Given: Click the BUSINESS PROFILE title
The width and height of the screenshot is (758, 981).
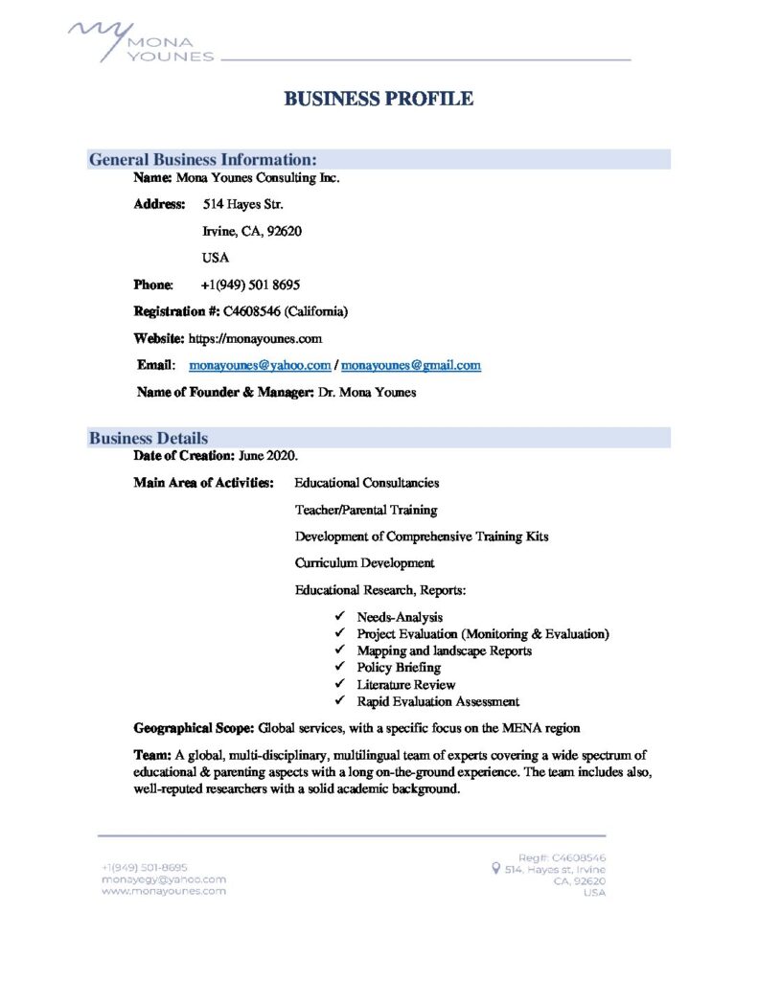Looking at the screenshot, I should click(x=379, y=99).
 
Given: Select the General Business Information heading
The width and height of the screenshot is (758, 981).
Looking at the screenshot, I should click(x=203, y=159).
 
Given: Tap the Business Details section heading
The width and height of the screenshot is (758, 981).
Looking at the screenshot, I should click(x=149, y=438).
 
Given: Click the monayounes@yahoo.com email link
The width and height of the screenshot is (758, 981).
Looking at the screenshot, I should click(x=261, y=365).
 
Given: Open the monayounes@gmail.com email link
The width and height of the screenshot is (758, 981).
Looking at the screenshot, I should click(x=411, y=365).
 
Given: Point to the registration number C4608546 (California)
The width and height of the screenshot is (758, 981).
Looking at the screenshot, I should click(x=286, y=311).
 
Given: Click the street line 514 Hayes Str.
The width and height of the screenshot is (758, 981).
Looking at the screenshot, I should click(x=242, y=204).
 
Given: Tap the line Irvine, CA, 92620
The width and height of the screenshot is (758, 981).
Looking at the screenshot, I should click(x=253, y=231).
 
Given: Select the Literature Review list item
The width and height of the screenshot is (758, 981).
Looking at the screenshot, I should click(x=406, y=684).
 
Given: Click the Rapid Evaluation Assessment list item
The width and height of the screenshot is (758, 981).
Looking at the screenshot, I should click(x=438, y=701).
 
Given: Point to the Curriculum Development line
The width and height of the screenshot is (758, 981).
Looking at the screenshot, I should click(x=364, y=563).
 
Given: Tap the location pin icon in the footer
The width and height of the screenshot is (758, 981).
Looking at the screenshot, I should click(x=494, y=869).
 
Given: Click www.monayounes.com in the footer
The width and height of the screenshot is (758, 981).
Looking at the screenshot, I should click(x=164, y=890).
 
